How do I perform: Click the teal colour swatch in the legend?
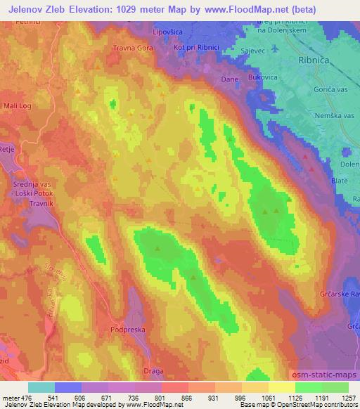(41, 388)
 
